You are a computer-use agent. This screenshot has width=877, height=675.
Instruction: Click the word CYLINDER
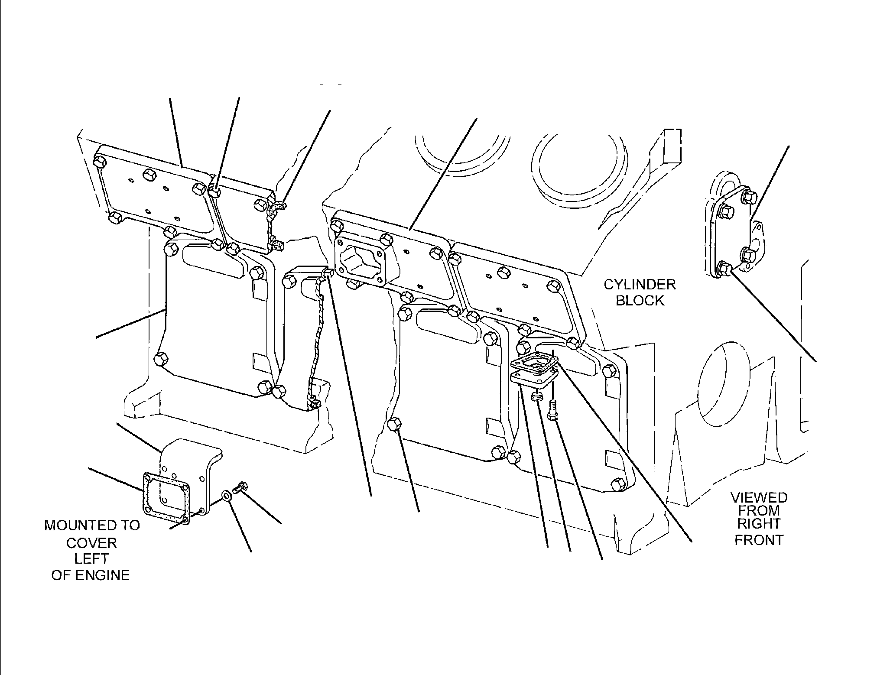(640, 285)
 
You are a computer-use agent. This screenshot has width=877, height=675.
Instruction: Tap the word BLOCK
(640, 301)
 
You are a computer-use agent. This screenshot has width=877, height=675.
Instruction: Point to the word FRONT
(759, 540)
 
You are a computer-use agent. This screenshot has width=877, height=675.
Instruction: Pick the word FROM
(759, 511)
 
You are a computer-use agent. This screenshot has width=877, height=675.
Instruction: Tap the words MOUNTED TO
(92, 526)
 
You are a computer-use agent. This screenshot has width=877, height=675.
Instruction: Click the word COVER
(91, 542)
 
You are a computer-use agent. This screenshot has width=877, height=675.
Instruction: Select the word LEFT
(91, 558)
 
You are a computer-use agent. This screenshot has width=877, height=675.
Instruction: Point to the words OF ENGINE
(91, 575)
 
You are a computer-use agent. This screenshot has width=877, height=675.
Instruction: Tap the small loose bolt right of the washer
(240, 487)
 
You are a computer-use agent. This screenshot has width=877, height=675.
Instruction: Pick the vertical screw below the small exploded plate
(552, 409)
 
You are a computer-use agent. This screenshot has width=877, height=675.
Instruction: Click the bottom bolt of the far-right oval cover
(723, 269)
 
